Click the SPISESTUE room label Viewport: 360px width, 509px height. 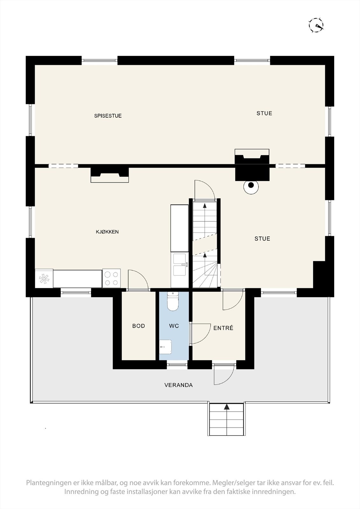[x=108, y=116]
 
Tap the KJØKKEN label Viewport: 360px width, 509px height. [x=107, y=232]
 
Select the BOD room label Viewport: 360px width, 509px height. [x=138, y=326]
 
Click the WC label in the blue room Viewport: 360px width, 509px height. [x=174, y=326]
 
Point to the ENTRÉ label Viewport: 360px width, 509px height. [x=223, y=328]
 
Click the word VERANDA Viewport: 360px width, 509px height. [x=178, y=385]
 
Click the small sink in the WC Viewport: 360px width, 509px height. [x=166, y=346]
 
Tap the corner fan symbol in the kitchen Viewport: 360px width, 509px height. [x=44, y=279]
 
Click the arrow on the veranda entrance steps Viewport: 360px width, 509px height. [x=227, y=407]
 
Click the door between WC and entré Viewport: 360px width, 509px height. [x=201, y=334]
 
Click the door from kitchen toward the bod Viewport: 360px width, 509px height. [x=138, y=280]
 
